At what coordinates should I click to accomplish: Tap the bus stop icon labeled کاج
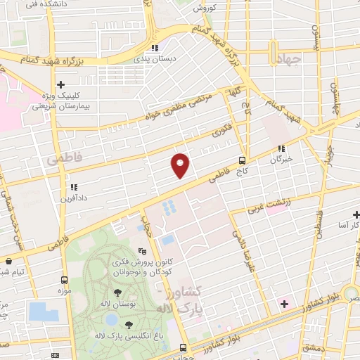[242, 160]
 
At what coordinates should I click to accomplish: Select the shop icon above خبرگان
[282, 148]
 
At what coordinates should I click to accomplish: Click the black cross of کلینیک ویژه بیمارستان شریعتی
[62, 84]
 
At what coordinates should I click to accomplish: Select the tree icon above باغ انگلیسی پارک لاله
[129, 323]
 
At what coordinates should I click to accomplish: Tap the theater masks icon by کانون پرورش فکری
[143, 250]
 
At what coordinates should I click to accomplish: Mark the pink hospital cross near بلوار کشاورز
[284, 304]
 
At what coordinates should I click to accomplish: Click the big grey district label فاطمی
[64, 160]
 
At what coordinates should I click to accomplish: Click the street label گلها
[233, 91]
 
